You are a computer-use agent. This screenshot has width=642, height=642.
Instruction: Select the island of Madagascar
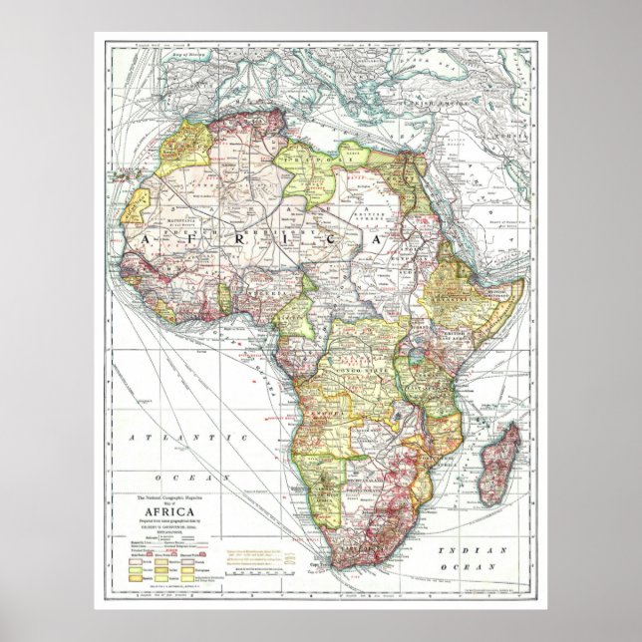[497, 463]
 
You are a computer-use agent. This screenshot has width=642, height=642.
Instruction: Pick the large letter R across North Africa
[255, 241]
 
